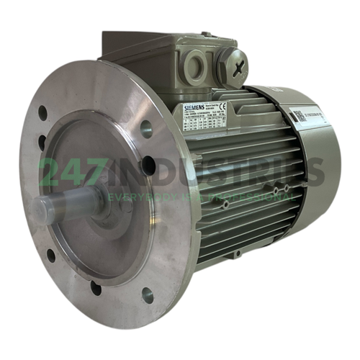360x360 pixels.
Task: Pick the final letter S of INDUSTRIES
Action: click(313, 173)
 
